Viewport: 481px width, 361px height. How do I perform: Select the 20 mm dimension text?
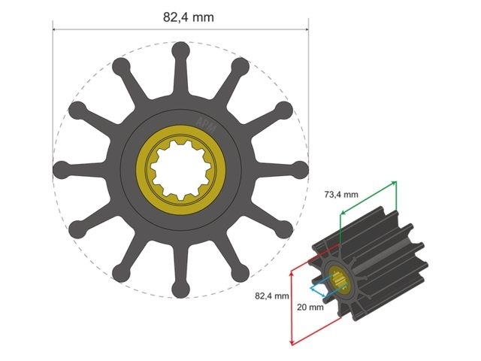point(310,307)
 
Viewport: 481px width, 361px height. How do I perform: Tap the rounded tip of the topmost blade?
point(180,50)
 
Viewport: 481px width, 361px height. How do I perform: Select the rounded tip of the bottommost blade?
point(180,288)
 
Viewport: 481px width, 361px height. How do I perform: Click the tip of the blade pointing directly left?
point(61,169)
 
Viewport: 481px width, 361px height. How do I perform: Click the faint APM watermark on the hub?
point(204,124)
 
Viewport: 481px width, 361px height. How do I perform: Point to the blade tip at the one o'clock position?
point(240,67)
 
